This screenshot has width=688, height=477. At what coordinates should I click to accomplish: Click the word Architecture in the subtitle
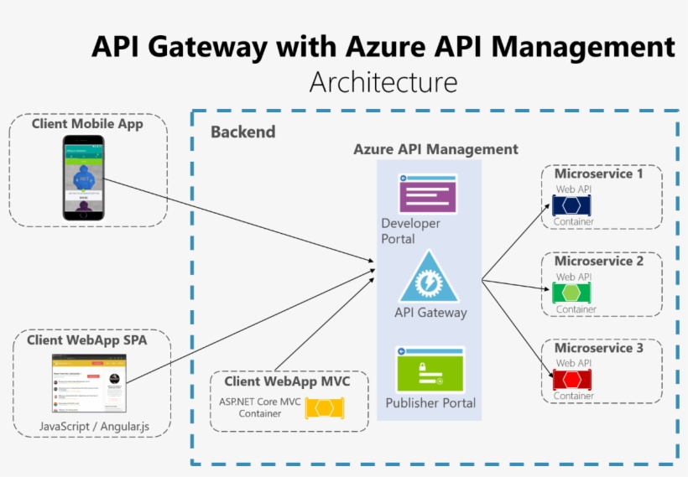coord(383,83)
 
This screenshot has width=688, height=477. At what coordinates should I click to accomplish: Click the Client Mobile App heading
coord(87,124)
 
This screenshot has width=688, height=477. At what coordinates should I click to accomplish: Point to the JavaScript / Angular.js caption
coord(94,427)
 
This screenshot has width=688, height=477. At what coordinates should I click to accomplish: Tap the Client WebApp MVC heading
coord(287,381)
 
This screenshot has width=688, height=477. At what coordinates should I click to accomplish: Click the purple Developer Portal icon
coord(428,194)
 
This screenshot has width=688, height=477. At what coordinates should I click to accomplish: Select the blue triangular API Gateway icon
coord(428,277)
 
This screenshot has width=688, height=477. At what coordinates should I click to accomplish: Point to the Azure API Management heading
coord(435,149)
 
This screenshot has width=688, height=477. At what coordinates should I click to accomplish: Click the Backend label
coord(242,132)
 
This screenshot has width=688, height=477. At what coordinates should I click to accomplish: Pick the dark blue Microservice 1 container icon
coord(571,205)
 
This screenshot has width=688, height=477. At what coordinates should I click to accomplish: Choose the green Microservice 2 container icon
coord(571,293)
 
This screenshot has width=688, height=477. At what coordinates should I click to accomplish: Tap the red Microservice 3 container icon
coord(571,379)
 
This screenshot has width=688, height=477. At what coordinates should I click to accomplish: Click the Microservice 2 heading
coord(599,262)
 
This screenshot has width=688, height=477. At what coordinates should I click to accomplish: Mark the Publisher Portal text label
coord(430,403)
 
